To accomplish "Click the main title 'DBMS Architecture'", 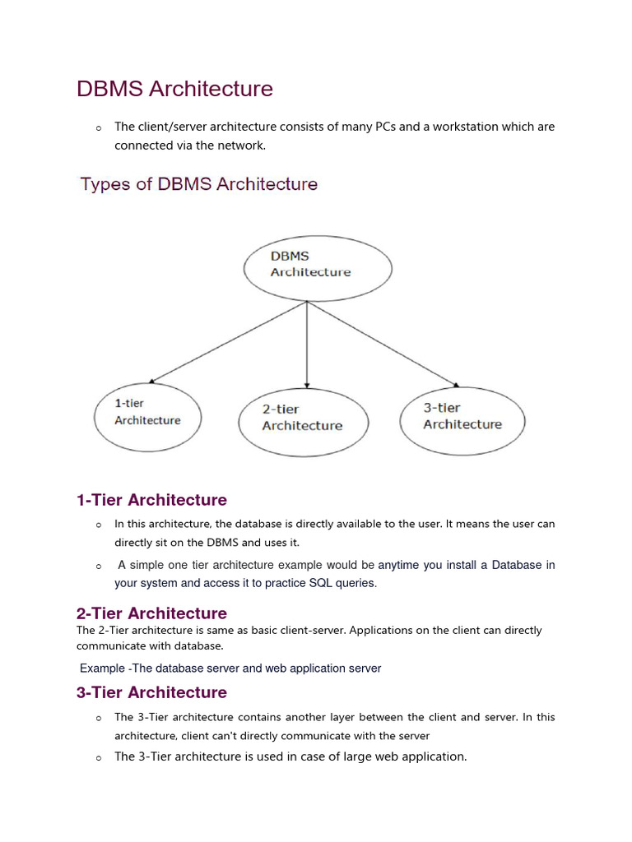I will (x=174, y=89).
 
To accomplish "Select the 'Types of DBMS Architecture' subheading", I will (x=198, y=184).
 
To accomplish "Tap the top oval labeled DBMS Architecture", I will (x=318, y=267).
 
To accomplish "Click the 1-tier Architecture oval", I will (x=147, y=416).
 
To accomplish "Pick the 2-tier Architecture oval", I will (x=304, y=421).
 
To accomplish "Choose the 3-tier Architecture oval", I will (x=462, y=419).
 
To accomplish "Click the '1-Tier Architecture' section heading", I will (x=151, y=500).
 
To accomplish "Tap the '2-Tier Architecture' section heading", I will (x=151, y=613).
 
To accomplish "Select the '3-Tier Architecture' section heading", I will (x=151, y=692).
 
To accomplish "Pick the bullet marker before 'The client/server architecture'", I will (x=98, y=128).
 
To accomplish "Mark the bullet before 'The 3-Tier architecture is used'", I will (x=98, y=757).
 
